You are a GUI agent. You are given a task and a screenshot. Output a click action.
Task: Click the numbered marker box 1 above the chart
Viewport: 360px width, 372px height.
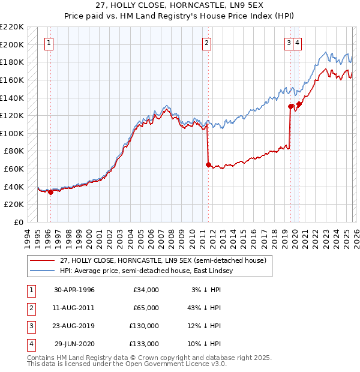coord(49,43)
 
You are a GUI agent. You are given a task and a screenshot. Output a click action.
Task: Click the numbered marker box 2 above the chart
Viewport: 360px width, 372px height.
coord(206,43)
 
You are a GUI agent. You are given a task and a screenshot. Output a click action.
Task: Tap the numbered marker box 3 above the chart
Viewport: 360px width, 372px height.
coord(289,43)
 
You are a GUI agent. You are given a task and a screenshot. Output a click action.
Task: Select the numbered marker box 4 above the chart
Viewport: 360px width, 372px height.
coord(298,43)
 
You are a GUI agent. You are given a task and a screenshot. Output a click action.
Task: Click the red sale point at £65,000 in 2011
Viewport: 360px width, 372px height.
coord(208,164)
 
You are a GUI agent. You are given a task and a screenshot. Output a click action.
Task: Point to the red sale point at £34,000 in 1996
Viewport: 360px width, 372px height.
coord(50,192)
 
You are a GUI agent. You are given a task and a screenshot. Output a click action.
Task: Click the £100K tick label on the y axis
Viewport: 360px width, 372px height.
coord(12,133)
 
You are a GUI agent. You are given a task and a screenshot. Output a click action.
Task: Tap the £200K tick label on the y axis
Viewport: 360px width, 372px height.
coord(12,44)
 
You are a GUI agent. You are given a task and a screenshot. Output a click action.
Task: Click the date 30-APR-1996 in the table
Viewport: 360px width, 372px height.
coord(74,290)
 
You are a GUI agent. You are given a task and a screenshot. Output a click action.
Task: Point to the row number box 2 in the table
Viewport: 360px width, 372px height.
coord(30,308)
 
